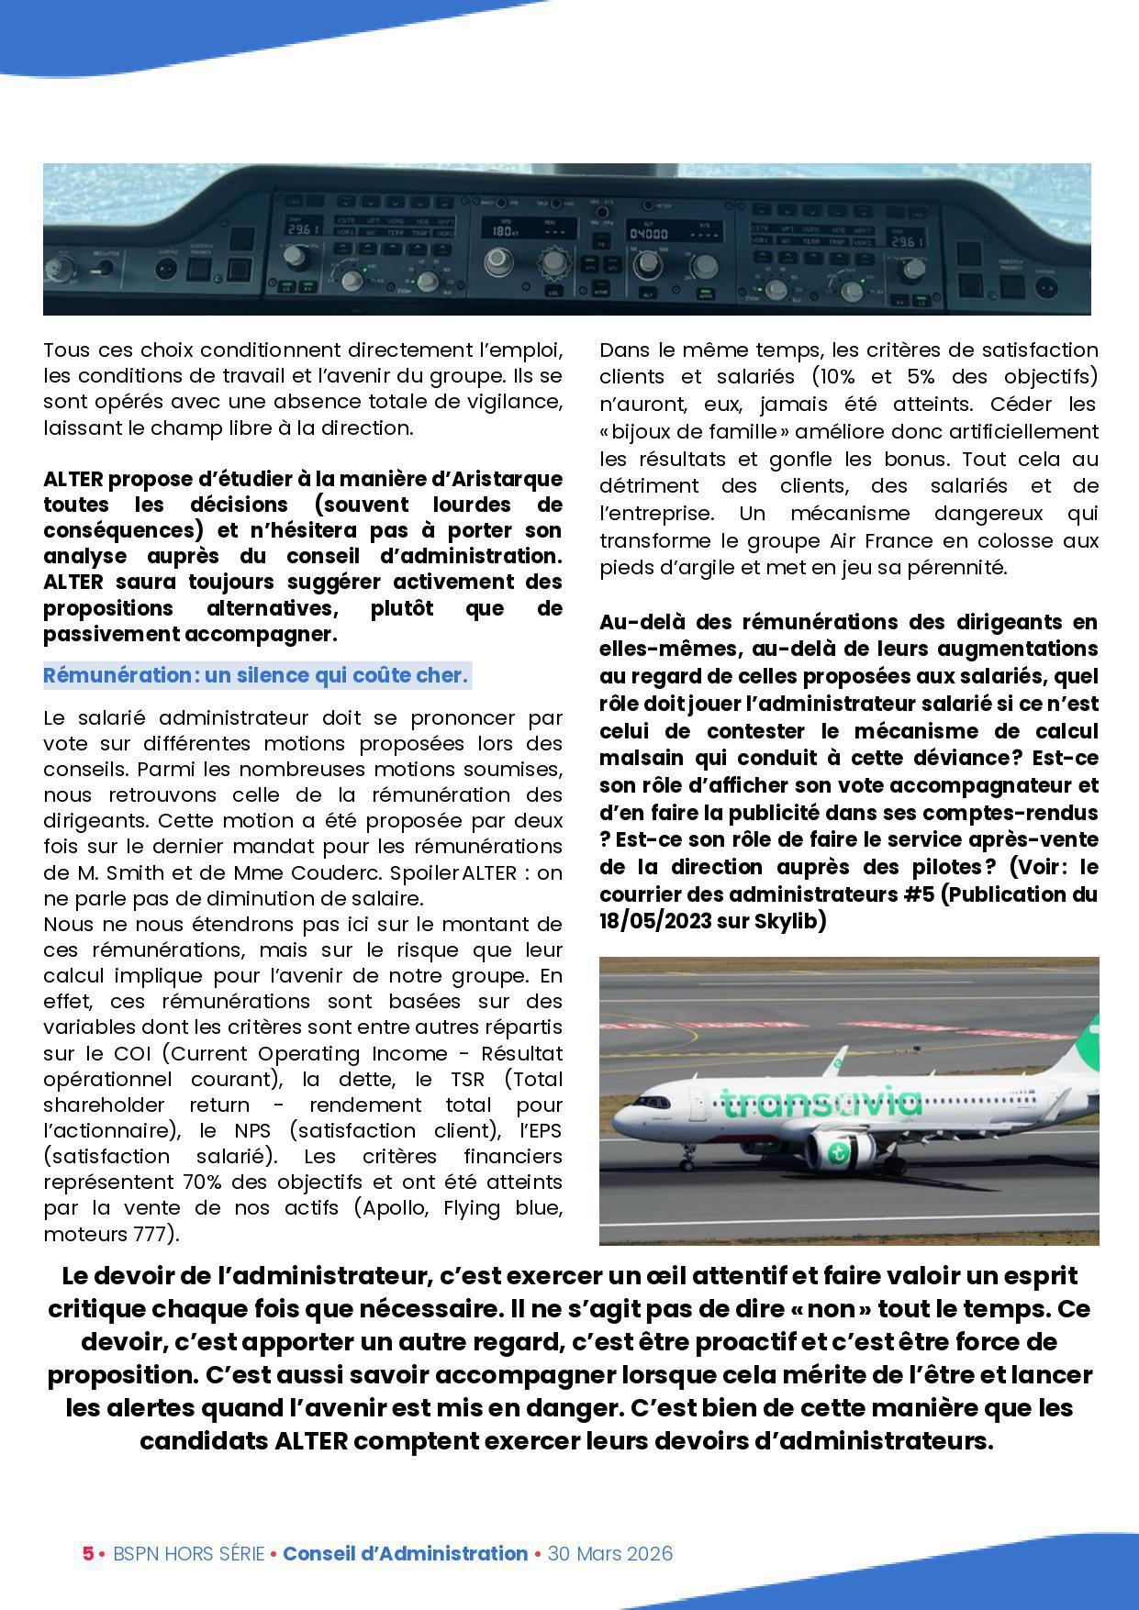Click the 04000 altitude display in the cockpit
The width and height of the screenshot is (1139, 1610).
pos(647,233)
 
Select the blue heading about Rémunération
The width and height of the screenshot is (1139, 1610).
pos(256,676)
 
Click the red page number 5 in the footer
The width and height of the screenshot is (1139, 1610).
pos(88,1553)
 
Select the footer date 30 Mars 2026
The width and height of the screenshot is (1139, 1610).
pos(610,1553)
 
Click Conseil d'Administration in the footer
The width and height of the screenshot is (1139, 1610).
pos(405,1553)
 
